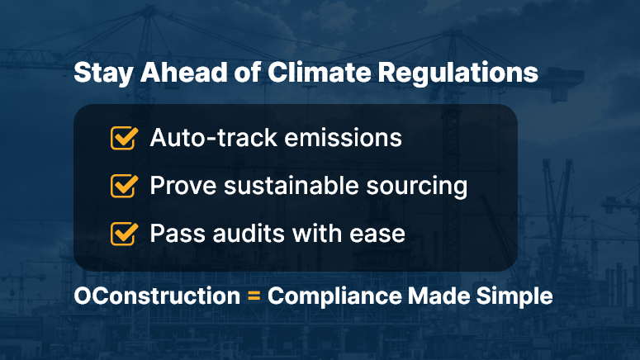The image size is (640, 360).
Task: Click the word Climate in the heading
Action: (320, 72)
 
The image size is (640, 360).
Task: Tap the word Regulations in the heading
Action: (458, 73)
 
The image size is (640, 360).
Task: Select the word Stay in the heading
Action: (103, 73)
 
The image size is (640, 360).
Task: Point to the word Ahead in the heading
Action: (183, 72)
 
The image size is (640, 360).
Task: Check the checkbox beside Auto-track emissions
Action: (124, 138)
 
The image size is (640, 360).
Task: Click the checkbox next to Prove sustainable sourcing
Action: (124, 186)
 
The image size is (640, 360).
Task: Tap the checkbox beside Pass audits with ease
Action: (124, 234)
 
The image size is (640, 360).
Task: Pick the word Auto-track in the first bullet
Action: (214, 138)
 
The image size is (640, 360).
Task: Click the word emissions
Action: (344, 138)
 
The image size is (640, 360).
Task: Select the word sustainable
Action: (292, 185)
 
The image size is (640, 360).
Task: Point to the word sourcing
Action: (417, 187)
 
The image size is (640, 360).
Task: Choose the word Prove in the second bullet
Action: (183, 186)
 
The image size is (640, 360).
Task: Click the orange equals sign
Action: (254, 296)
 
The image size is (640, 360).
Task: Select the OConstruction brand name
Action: (157, 296)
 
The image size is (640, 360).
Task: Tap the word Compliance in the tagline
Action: (334, 296)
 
